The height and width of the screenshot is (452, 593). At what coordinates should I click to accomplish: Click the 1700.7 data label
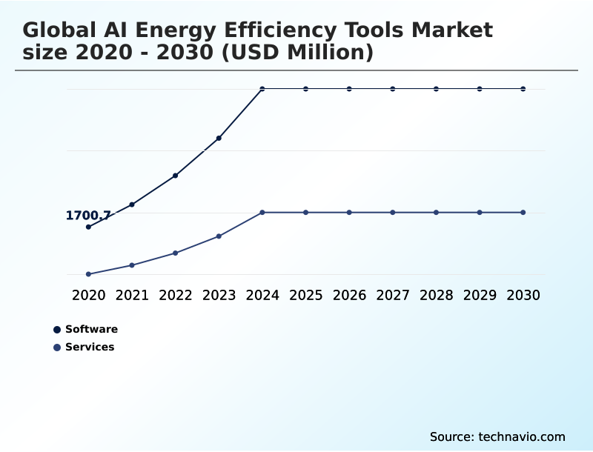(x=88, y=216)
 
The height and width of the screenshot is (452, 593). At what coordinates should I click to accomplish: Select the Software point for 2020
(x=88, y=227)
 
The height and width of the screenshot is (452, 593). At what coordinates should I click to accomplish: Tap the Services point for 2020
(x=88, y=274)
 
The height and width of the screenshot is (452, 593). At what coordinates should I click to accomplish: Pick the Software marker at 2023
(x=219, y=138)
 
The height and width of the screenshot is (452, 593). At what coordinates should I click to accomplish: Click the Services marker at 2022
(x=176, y=253)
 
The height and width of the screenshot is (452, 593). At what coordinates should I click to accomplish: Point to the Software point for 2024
(x=262, y=89)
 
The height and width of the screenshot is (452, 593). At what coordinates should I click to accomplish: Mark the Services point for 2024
(x=262, y=213)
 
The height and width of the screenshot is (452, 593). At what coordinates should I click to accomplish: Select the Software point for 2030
(x=523, y=89)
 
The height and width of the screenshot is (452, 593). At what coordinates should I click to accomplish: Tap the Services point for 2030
(x=523, y=213)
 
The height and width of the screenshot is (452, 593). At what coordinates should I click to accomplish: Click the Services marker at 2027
(x=393, y=213)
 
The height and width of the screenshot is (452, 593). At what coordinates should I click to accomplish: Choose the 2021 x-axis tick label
(x=132, y=295)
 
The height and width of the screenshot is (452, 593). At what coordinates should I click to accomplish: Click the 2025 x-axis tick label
(x=305, y=295)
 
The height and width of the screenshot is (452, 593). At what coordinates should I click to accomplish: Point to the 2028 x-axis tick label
(x=436, y=295)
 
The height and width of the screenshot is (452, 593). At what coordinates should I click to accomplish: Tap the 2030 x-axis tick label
(x=523, y=295)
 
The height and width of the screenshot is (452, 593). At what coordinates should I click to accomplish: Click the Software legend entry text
(x=91, y=329)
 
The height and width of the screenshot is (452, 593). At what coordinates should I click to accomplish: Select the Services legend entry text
(x=90, y=347)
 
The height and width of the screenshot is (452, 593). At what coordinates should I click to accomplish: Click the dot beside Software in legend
(x=57, y=330)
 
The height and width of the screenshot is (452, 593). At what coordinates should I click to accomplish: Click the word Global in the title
(x=59, y=30)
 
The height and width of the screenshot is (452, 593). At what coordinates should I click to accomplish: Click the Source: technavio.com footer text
(x=497, y=436)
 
